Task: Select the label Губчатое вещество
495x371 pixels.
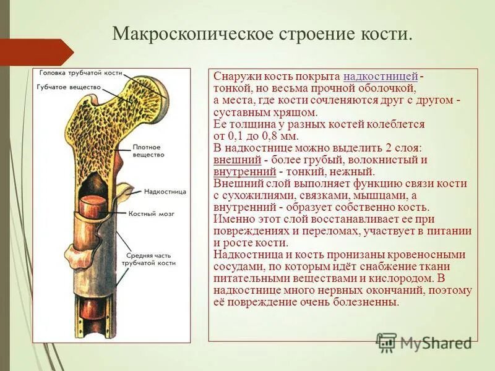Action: click(x=69, y=87)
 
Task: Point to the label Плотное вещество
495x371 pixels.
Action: click(x=147, y=151)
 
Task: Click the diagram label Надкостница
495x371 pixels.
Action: click(x=165, y=192)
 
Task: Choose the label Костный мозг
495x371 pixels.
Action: click(x=152, y=213)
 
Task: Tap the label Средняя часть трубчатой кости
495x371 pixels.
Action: click(x=151, y=258)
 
